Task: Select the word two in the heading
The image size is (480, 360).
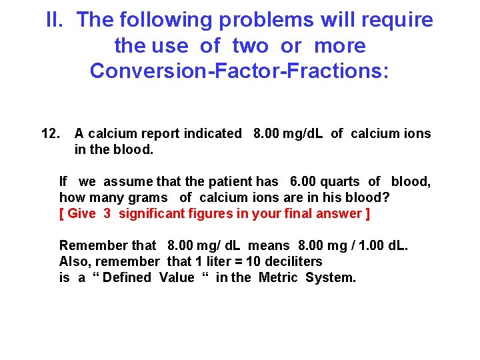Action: (251, 46)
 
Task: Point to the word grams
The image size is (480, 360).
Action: (150, 197)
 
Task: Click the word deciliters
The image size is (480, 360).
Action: (294, 261)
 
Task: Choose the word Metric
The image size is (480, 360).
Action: (279, 277)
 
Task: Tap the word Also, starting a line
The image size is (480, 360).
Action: (74, 261)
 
